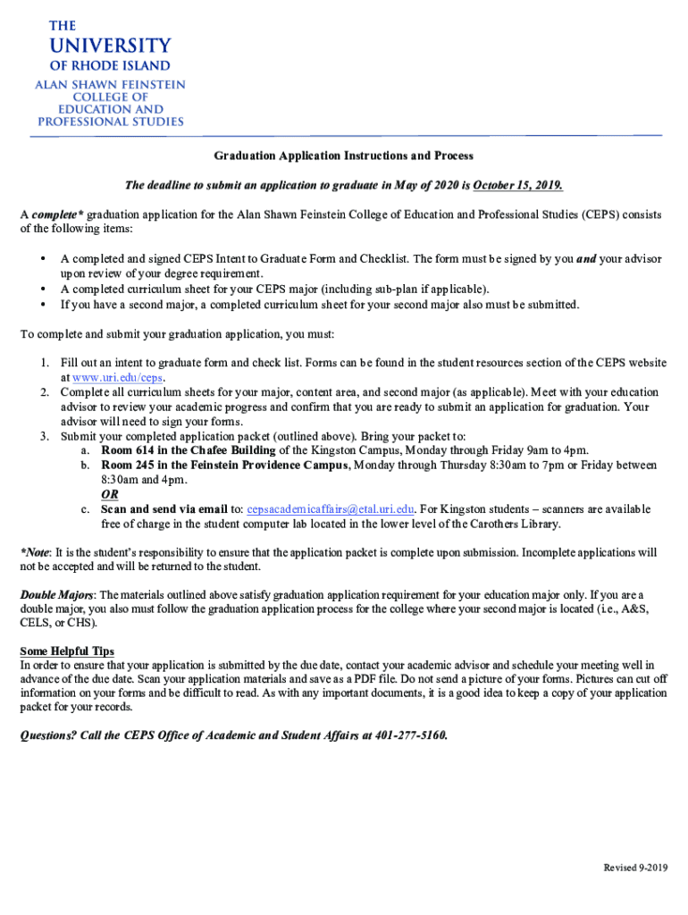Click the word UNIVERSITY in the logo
pyautogui.click(x=110, y=46)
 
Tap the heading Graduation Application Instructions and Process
pyautogui.click(x=343, y=155)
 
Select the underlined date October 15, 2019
pyautogui.click(x=517, y=185)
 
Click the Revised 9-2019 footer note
pyautogui.click(x=635, y=868)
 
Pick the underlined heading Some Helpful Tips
pyautogui.click(x=67, y=651)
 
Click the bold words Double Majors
pyautogui.click(x=56, y=594)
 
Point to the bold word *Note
pyautogui.click(x=35, y=552)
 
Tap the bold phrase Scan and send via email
pyautogui.click(x=161, y=509)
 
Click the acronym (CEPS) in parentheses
pyautogui.click(x=606, y=214)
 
